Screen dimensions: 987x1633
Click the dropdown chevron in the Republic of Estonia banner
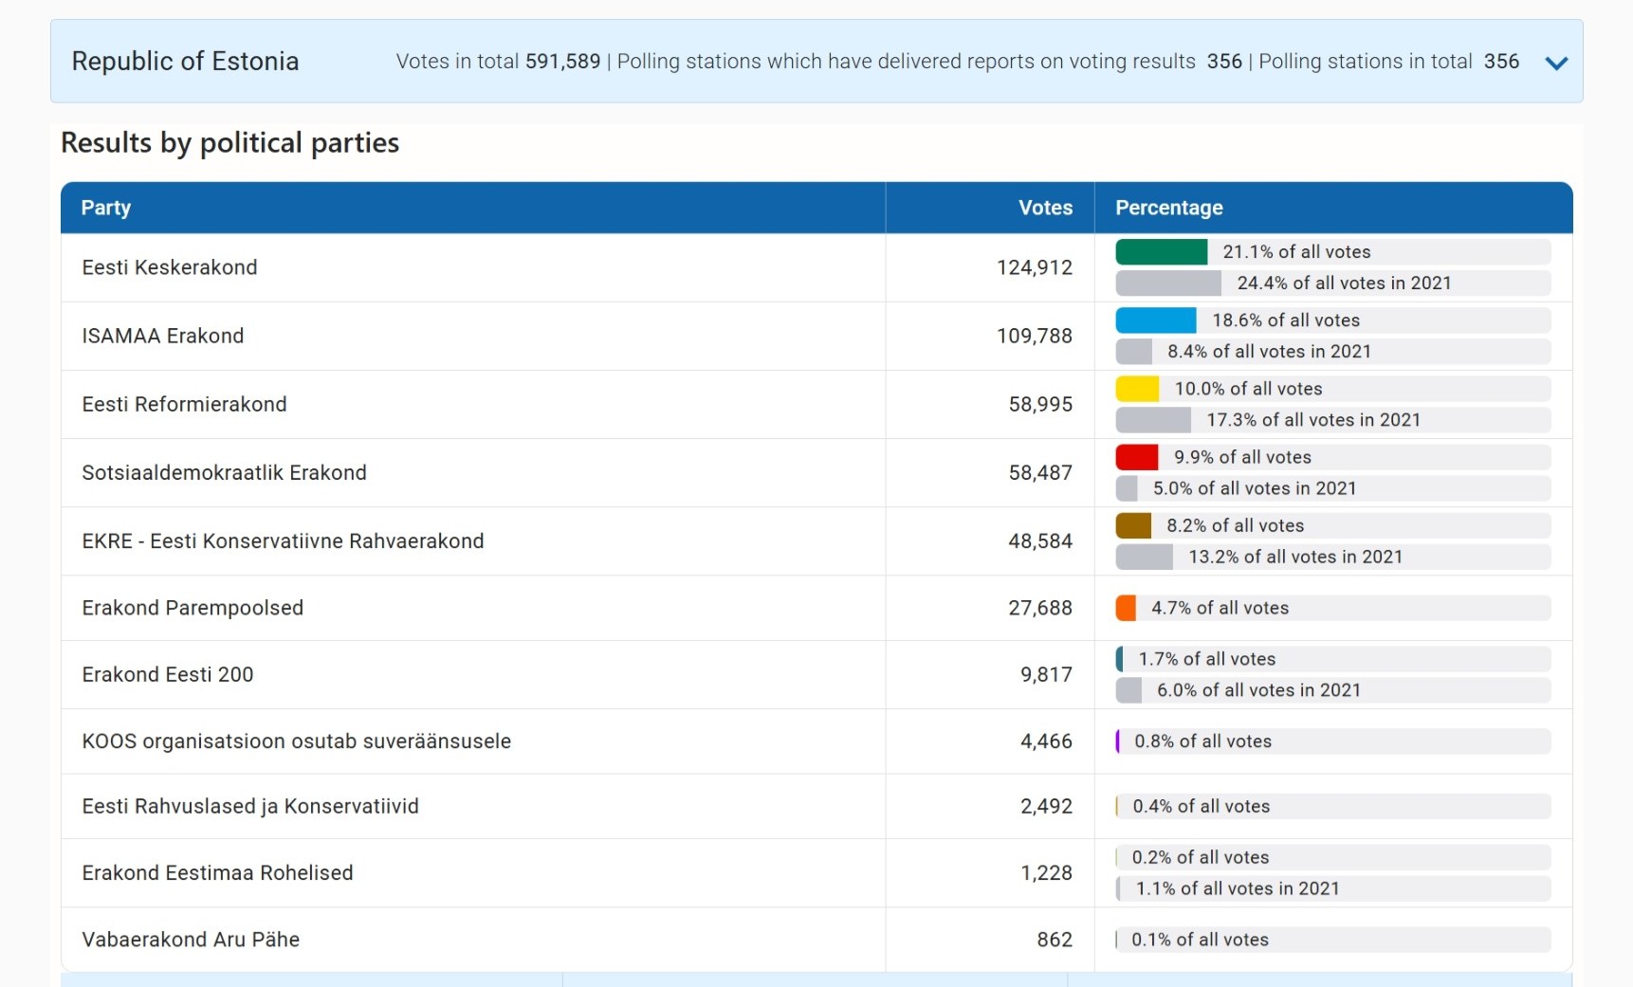1555,64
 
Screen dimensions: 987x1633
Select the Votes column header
1045,208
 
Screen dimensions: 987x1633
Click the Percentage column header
1168,208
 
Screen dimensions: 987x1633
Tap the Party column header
106,208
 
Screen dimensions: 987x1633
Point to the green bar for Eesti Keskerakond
1161,252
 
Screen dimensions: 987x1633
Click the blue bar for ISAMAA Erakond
1155,320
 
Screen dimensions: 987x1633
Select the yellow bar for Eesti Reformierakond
1137,389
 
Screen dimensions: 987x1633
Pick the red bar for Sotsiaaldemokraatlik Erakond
1136,457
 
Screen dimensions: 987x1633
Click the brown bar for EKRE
1133,525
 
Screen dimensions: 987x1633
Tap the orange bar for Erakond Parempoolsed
1126,608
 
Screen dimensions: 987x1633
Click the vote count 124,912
1034,267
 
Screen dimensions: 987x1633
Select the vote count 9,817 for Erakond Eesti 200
1046,674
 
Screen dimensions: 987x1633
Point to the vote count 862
1054,940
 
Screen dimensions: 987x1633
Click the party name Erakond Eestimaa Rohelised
217,872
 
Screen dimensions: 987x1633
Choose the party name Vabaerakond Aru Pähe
191,940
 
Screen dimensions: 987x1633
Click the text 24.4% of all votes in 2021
1344,283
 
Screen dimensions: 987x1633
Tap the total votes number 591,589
562,62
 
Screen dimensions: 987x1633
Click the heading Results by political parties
229,143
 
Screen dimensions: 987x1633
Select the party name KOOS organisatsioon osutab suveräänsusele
296,741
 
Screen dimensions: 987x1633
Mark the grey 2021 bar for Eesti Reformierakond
1152,420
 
